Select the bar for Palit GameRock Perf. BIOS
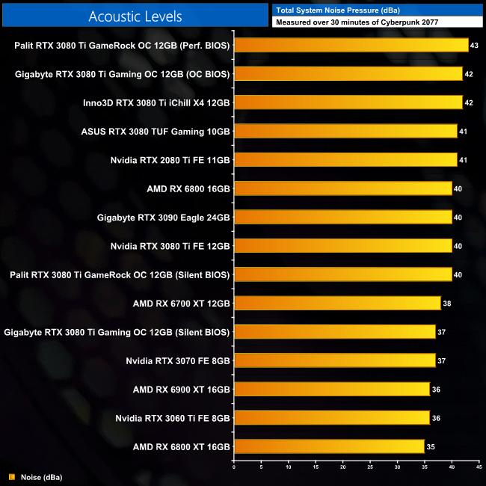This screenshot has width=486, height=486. pos(351,45)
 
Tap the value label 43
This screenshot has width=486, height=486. pos(474,46)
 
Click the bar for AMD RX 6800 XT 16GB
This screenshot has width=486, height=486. pos(329,446)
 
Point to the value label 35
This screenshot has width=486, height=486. pos(431,447)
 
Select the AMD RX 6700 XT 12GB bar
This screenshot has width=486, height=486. pos(337,303)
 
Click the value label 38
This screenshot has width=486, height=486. pos(447,304)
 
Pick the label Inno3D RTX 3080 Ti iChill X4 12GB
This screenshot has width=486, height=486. pos(156,102)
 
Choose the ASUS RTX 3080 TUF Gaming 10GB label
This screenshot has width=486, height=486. pos(155,132)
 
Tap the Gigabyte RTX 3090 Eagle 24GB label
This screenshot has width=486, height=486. pos(163,218)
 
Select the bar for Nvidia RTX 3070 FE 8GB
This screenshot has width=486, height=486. pos(334,360)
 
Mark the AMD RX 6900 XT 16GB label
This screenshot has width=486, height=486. pos(181,389)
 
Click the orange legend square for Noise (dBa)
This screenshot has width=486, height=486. pos(11,476)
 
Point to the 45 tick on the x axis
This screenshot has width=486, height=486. pos(479,469)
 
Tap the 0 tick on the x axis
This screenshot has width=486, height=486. pos(234,469)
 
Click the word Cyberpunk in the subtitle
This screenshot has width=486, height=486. pos(400,22)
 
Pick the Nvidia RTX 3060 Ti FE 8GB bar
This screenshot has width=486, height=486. pos(332,417)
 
